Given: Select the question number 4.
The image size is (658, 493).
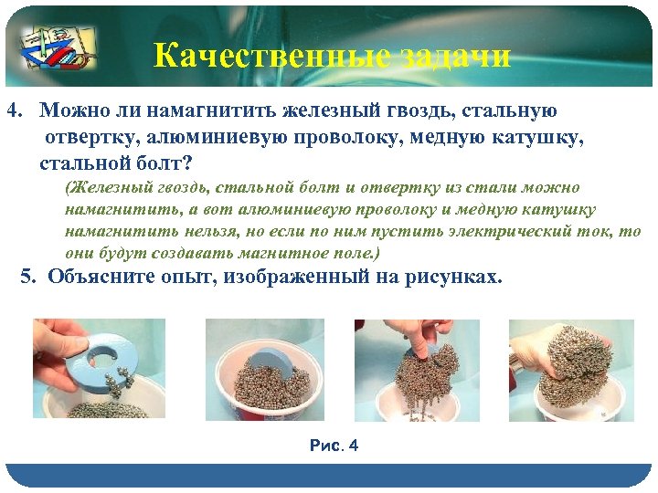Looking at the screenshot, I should point(14,111).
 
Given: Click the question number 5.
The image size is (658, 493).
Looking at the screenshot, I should point(27,277).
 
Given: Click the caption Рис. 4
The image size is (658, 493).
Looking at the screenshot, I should point(334,446).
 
